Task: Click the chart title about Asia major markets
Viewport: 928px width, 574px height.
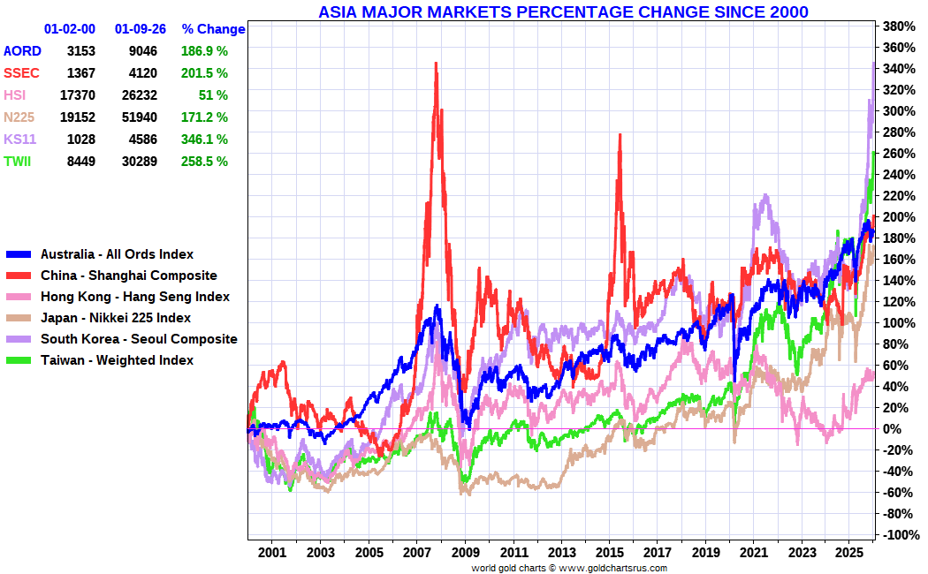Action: pos(563,11)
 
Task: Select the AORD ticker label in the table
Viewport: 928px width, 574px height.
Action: pos(22,51)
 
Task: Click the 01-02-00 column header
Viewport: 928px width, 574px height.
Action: pos(70,29)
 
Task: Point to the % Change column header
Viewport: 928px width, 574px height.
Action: pos(213,29)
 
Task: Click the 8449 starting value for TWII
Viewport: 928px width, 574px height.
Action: pos(80,162)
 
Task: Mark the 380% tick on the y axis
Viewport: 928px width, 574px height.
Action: pos(899,26)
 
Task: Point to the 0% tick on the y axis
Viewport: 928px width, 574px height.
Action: pos(894,428)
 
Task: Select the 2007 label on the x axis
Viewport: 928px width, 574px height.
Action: pos(416,553)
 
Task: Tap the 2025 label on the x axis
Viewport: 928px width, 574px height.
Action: pos(849,553)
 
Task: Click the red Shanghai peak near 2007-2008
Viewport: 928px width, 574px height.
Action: pos(436,64)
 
